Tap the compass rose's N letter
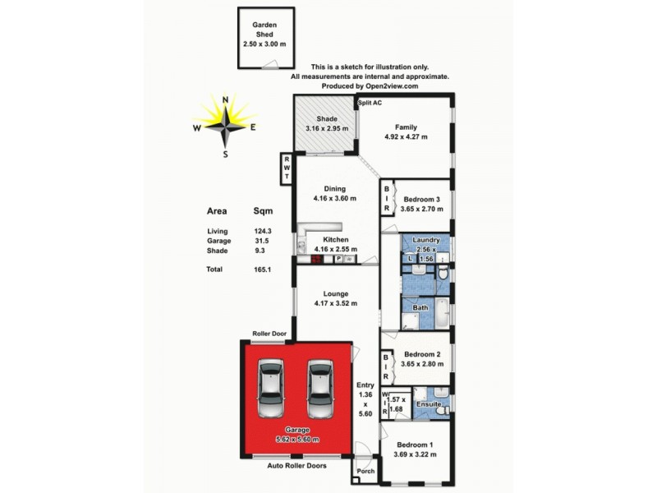point(226,99)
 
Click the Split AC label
point(370,103)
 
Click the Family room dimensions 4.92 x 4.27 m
point(406,137)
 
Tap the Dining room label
point(334,187)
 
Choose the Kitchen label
point(335,239)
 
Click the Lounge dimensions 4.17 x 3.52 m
point(336,304)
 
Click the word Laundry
point(427,240)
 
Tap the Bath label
point(420,308)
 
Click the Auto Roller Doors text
point(296,466)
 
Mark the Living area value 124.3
point(262,232)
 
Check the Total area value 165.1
point(262,269)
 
